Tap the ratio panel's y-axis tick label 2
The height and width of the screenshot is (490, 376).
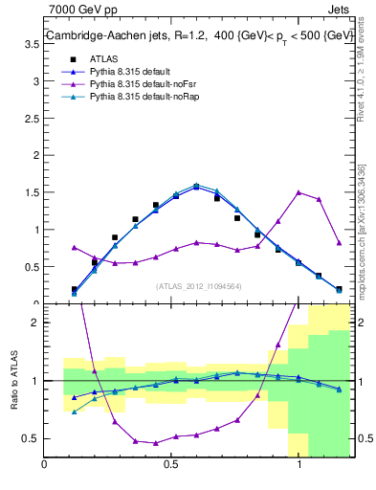pos(34,323)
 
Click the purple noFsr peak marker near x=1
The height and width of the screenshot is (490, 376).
pos(299,192)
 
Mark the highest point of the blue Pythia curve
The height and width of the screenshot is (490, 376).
pos(196,187)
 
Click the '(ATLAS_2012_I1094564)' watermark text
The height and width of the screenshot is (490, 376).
pos(198,285)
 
